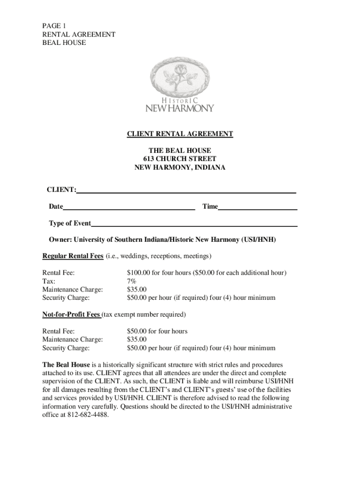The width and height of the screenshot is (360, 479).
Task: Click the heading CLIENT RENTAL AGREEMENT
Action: tap(180, 134)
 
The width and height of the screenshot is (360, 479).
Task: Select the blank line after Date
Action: tap(129, 209)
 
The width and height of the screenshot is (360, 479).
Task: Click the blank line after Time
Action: tap(258, 209)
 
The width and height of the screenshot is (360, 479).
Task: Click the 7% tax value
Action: tap(131, 281)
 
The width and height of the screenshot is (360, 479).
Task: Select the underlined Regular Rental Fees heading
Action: tap(72, 256)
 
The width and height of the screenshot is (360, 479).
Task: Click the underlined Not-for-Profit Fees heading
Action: tap(71, 314)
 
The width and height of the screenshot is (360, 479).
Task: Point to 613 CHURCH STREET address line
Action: tap(180, 159)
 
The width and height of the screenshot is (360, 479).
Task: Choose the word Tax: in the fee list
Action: tap(49, 281)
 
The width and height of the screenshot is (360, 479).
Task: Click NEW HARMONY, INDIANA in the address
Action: tap(180, 167)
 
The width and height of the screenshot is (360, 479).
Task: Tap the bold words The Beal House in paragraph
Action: tap(66, 364)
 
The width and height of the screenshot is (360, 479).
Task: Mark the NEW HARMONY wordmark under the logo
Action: tap(180, 108)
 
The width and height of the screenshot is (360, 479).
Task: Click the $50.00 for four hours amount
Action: tap(157, 331)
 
